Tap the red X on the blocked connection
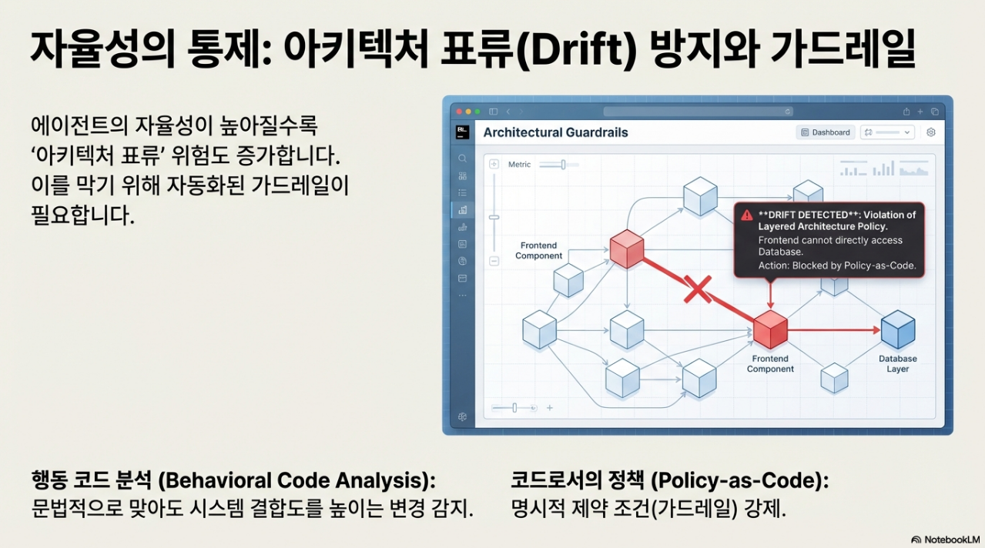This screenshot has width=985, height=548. (697, 290)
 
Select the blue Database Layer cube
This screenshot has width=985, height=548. (897, 329)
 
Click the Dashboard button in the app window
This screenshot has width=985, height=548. (826, 132)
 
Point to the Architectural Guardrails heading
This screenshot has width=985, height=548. (555, 132)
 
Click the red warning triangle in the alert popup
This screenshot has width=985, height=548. (746, 216)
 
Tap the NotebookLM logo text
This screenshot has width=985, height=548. (951, 540)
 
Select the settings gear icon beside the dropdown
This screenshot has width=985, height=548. (930, 132)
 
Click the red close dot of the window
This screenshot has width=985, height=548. (455, 112)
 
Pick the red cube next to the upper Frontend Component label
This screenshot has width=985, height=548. (626, 248)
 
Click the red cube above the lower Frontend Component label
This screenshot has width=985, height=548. (769, 329)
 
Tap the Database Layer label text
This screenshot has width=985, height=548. (897, 364)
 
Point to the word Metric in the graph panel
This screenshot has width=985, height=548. (519, 165)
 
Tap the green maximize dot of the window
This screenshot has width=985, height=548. (477, 112)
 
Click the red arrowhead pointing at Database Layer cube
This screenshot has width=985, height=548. (875, 330)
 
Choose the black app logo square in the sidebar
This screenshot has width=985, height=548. (462, 132)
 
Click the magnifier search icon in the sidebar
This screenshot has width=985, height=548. (462, 159)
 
